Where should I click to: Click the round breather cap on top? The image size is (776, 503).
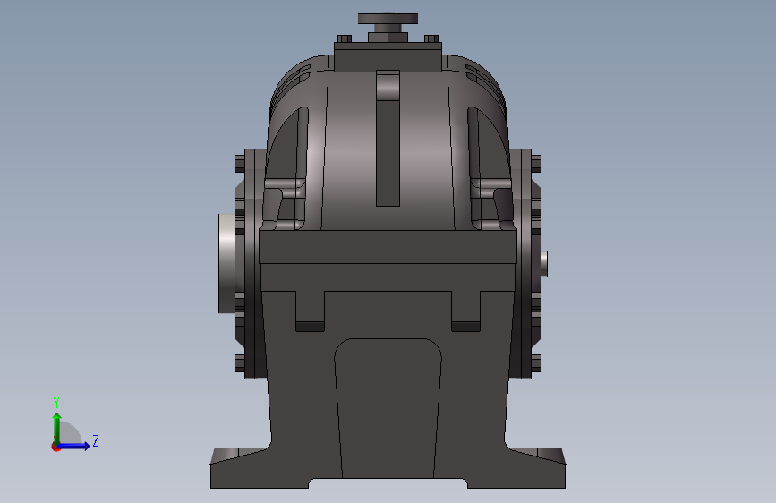coord(388,18)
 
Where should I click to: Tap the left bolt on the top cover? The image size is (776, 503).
coord(343,39)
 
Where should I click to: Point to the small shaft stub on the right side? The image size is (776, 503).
coord(546,262)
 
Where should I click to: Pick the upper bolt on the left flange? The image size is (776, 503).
coord(239,164)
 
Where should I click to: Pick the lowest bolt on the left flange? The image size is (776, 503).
coord(239,362)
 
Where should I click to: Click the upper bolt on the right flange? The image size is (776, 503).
coord(535,164)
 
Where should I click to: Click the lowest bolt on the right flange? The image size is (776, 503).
coord(535,362)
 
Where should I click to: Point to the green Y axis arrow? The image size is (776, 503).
coord(56,425)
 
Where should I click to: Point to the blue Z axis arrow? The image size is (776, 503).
coord(77,445)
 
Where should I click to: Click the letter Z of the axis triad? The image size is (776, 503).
coord(95,440)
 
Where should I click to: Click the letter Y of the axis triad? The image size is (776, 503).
coord(56,402)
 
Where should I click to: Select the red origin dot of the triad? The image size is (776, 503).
coord(55,446)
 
